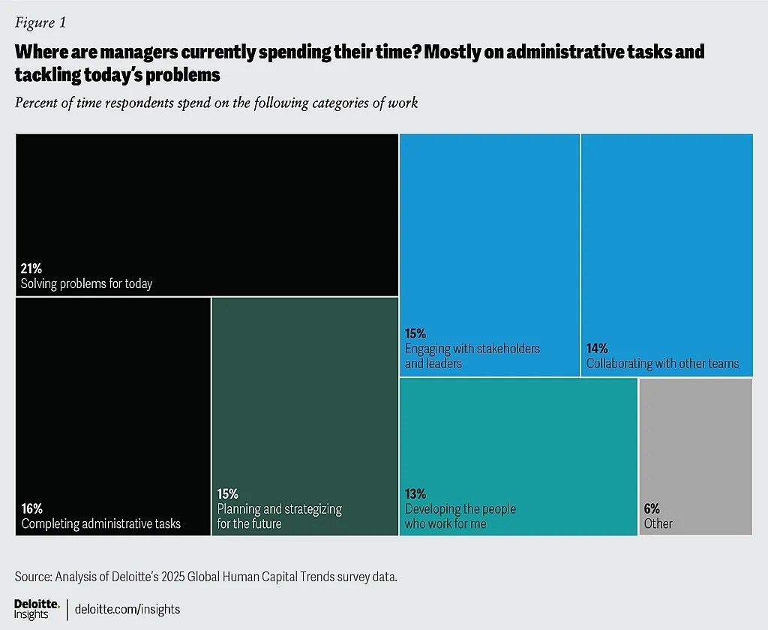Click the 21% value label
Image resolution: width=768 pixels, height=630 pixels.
31,268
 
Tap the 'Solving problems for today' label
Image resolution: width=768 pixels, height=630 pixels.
86,283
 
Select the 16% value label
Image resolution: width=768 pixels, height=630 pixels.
31,508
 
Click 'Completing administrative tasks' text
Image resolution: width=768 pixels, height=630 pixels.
100,523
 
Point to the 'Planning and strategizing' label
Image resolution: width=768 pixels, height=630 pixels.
279,509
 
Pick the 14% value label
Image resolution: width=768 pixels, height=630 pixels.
597,348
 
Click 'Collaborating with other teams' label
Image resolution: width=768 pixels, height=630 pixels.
662,364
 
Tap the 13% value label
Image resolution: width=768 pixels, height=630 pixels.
415,493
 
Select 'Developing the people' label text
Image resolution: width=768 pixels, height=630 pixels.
460,509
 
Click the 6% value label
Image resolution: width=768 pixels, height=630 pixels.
652,508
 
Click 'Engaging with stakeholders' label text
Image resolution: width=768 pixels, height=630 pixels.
472,349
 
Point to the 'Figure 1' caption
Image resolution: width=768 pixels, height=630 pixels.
40,22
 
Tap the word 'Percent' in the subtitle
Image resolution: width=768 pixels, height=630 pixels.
36,103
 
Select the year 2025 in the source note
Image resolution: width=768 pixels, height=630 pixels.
175,577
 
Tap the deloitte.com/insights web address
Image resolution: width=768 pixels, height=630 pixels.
127,609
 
